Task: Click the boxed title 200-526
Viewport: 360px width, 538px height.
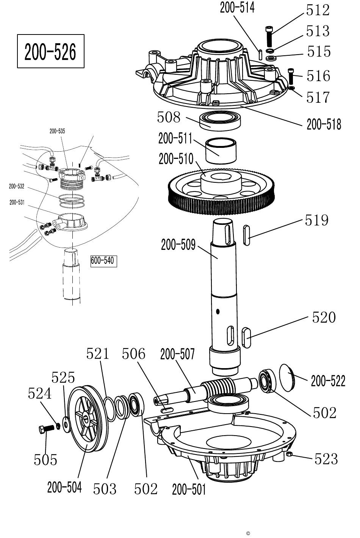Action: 51,51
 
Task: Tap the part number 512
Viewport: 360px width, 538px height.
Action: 318,10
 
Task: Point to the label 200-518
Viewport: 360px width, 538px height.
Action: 324,124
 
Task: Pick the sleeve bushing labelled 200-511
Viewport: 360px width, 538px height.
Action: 221,151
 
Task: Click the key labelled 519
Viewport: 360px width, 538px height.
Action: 246,235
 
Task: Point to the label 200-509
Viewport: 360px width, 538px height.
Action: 178,245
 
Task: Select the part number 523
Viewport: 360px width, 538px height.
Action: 326,458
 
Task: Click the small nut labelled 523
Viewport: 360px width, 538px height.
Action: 289,453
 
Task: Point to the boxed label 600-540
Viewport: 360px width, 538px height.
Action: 104,261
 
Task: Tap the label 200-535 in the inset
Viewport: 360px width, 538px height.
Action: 57,131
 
